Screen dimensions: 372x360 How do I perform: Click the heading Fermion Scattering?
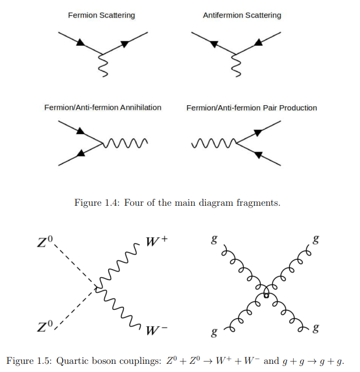pos(101,15)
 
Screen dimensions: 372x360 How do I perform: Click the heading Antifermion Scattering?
pos(242,15)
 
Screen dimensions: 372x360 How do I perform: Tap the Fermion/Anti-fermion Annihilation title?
pos(103,108)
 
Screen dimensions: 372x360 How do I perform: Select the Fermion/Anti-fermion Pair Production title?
pos(251,108)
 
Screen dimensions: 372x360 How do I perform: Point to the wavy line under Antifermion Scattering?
pos(236,64)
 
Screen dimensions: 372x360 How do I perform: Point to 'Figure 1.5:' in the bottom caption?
pos(29,360)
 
